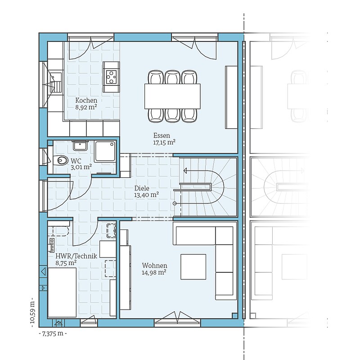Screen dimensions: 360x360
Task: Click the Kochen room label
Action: (86, 100)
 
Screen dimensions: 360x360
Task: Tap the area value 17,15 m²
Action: (164, 142)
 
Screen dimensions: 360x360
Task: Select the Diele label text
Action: (142, 188)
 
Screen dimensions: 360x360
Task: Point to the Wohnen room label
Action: (154, 265)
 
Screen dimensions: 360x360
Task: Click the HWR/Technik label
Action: (76, 256)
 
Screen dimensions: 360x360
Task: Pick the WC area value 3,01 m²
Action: (81, 167)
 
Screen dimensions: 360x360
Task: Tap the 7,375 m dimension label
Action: (53, 333)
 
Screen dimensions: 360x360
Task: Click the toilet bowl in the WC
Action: (61, 160)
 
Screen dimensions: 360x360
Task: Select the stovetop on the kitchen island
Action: (111, 77)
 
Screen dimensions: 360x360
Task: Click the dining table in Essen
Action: (172, 96)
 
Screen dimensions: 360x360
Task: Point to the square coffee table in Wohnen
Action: (193, 266)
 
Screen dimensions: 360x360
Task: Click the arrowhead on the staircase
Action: (185, 171)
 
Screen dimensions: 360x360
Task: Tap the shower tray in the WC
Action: (105, 151)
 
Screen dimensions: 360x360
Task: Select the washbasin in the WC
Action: (80, 145)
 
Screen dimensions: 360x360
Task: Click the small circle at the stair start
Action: (175, 203)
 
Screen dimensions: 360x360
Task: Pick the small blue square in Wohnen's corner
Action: (234, 316)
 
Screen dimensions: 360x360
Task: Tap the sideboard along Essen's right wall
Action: (231, 97)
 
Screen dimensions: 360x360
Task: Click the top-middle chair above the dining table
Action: (172, 77)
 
